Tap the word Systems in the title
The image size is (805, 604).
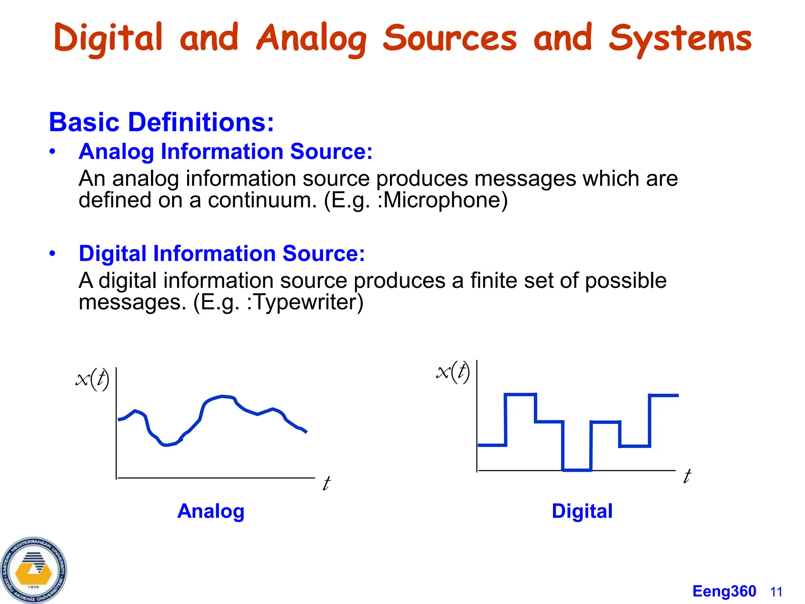(x=680, y=38)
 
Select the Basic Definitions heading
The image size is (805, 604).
(x=161, y=122)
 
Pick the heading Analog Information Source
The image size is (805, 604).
(x=226, y=151)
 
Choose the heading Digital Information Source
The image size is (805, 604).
(x=222, y=253)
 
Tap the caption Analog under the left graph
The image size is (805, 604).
(x=211, y=511)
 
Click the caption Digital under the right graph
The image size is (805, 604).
(x=582, y=511)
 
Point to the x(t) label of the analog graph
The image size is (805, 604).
(x=92, y=379)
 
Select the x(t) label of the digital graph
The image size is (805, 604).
(x=453, y=372)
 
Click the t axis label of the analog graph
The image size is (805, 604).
(x=326, y=484)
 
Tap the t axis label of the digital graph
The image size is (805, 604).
(x=687, y=476)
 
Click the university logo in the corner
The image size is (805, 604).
(x=34, y=570)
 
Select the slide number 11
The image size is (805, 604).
(x=776, y=592)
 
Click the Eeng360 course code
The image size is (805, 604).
(x=724, y=591)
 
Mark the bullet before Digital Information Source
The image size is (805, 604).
(x=53, y=254)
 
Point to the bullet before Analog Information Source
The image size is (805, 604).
(x=53, y=152)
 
